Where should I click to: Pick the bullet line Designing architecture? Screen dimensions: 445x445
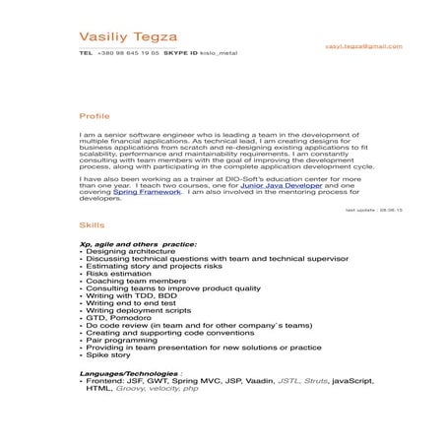click(123, 252)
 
